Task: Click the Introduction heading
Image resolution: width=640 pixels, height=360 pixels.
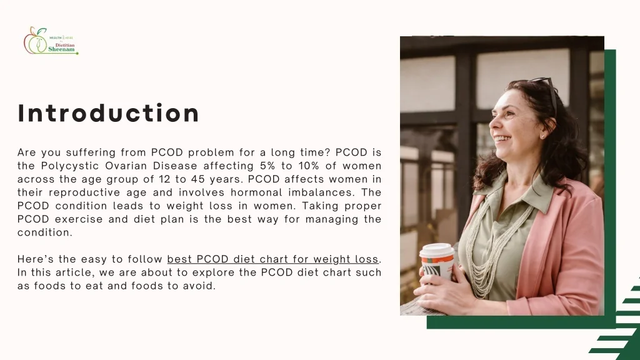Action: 109,114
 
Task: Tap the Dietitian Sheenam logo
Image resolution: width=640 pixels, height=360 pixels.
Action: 51,40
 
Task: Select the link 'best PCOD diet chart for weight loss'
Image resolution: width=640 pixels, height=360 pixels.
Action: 273,259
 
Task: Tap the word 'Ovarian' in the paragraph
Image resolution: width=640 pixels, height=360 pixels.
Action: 128,166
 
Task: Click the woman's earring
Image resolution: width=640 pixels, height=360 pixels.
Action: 541,135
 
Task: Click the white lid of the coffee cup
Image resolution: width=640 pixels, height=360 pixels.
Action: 436,250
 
